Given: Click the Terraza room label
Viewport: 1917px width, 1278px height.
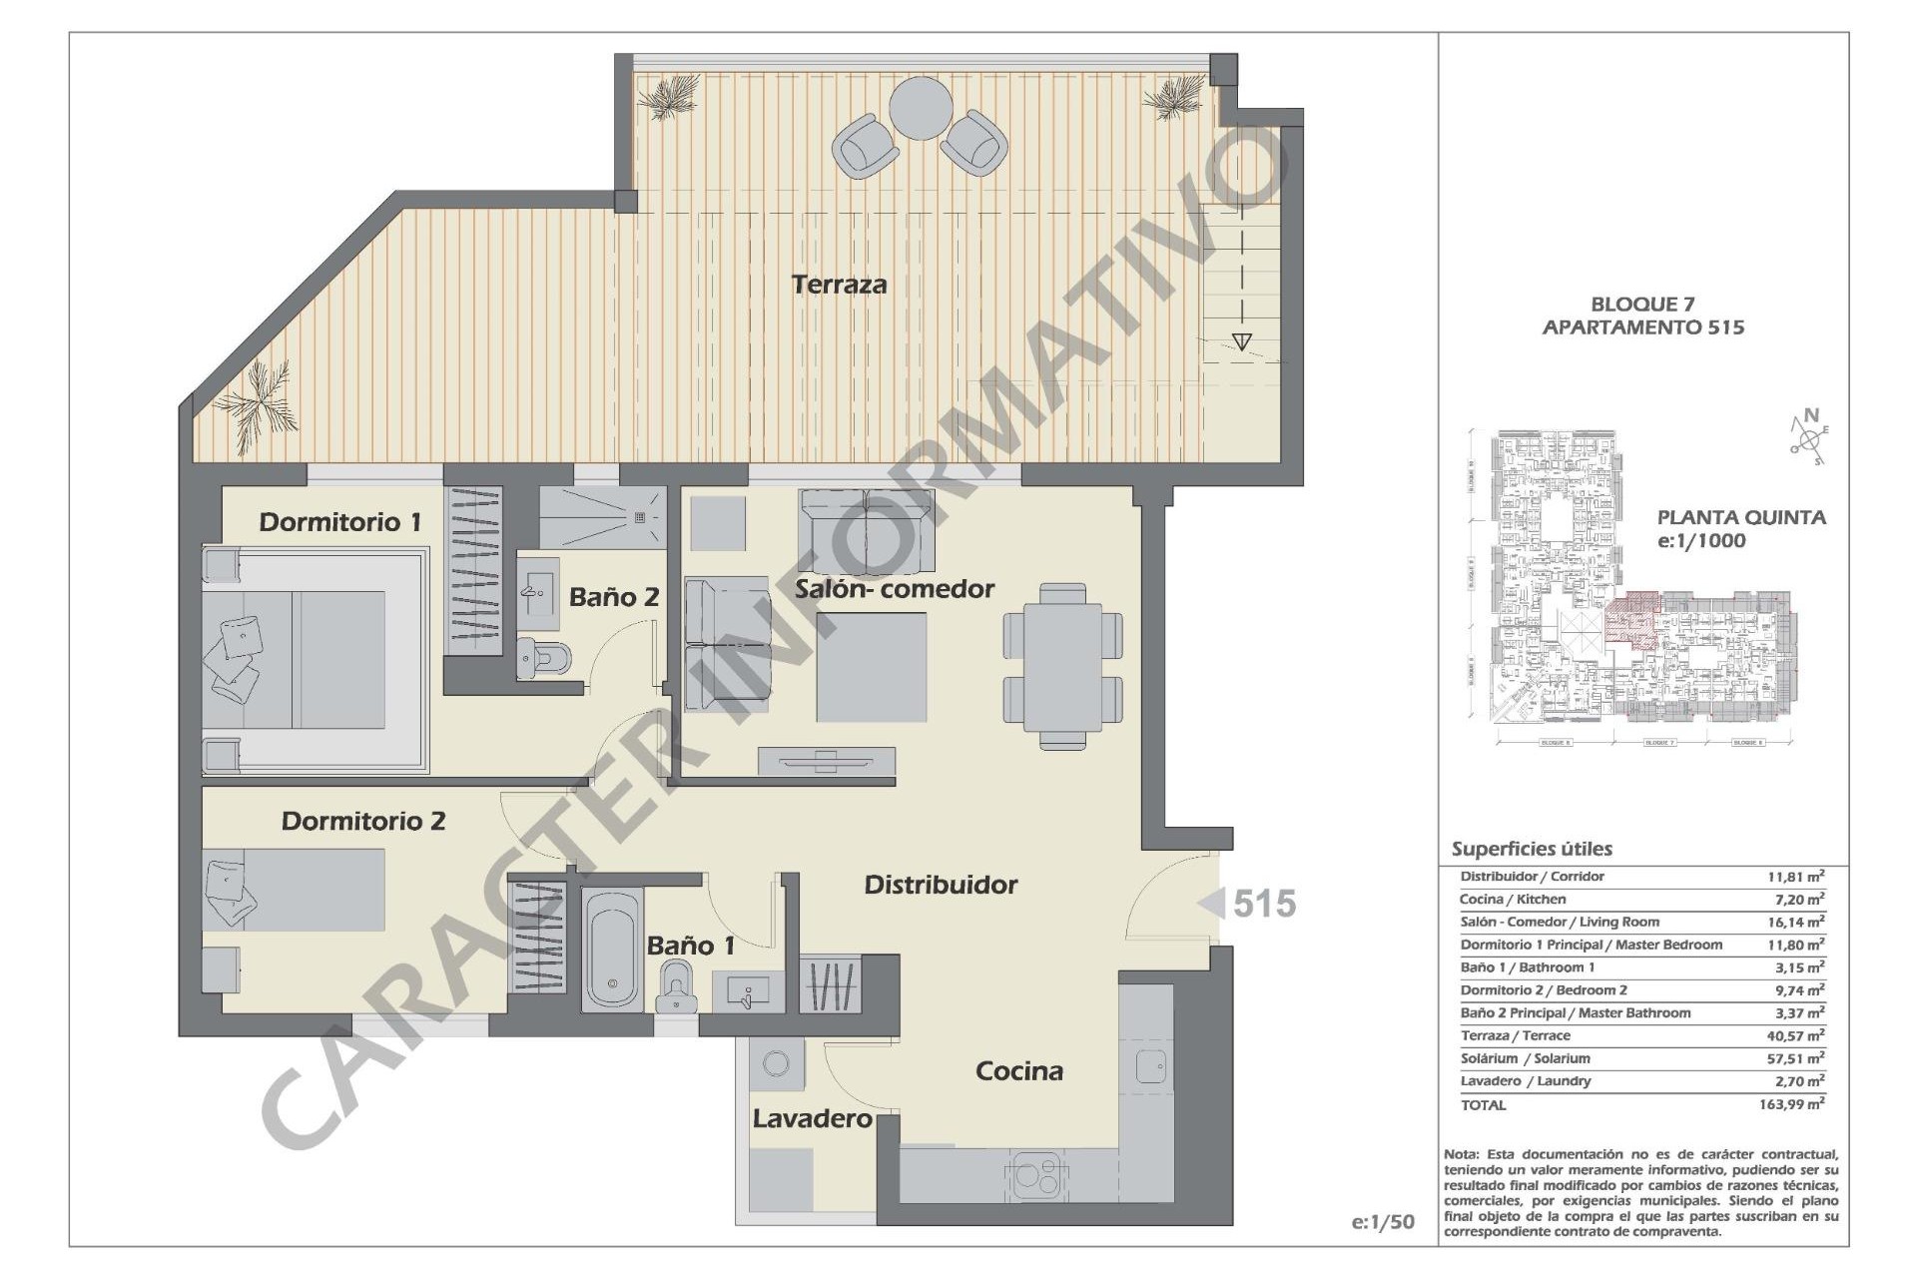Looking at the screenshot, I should coord(839,285).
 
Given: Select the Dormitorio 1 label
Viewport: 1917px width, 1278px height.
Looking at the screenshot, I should coord(339,521).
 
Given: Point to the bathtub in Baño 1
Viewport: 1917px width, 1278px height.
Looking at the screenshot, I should coord(612,949).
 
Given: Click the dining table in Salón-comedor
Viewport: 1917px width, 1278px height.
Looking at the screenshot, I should coord(1062,666).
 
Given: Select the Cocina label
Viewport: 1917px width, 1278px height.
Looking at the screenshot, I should coord(1018,1071).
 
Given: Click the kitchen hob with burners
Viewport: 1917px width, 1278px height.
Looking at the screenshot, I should coord(1036,1175).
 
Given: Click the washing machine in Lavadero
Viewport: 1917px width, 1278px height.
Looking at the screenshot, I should coord(775,1064).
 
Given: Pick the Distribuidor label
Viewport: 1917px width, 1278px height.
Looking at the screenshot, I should coord(941,885).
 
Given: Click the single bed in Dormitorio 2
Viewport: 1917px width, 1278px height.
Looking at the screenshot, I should coord(295,890).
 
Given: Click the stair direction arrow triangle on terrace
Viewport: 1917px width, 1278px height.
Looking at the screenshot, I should coord(1241,342).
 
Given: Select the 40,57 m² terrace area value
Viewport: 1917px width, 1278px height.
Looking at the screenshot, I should coord(1795,1035).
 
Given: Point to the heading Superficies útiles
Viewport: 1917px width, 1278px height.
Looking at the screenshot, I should coord(1532,850).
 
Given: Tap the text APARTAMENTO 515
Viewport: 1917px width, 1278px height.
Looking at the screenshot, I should coord(1642,327).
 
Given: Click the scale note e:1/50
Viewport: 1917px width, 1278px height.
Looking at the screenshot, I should coord(1383,1222).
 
